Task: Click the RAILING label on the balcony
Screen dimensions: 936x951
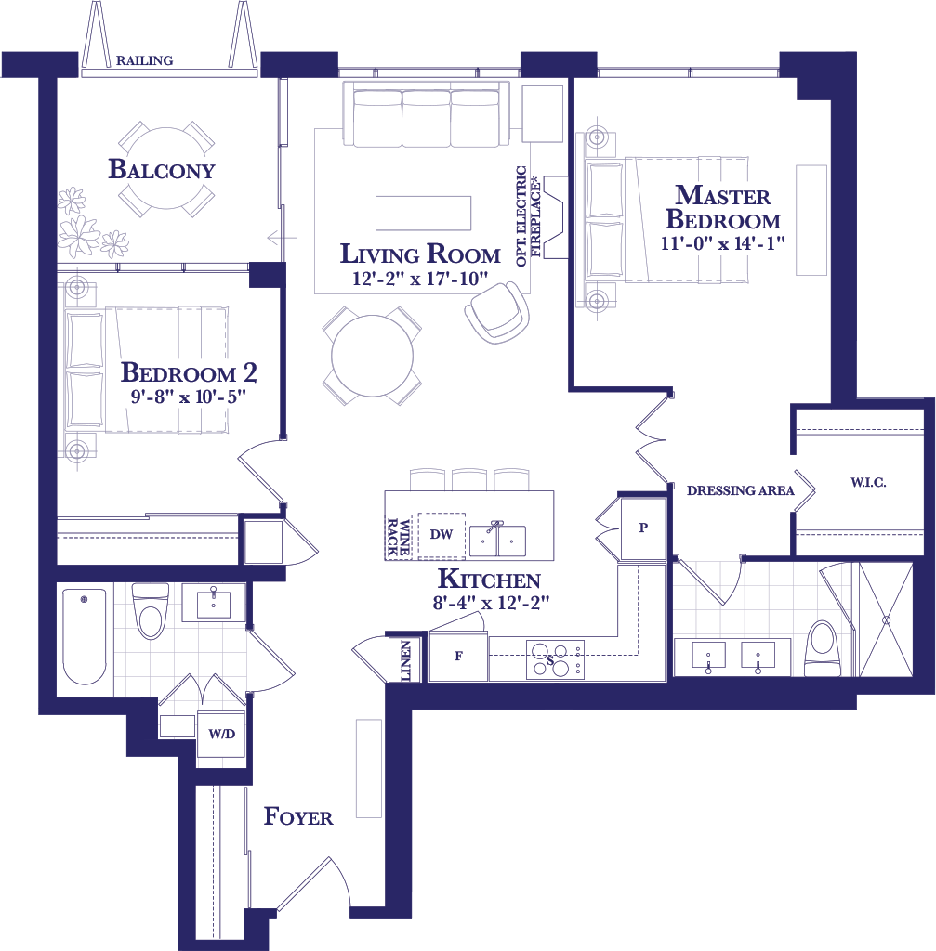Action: click(144, 60)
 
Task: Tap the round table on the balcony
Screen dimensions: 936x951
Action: click(165, 169)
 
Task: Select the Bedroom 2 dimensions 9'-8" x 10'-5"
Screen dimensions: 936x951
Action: click(189, 397)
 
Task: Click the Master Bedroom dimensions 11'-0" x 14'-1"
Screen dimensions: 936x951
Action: click(723, 243)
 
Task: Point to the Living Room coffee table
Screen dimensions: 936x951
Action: click(423, 213)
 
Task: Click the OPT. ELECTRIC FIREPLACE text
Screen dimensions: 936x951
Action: click(528, 215)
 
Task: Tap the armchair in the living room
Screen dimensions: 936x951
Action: click(497, 313)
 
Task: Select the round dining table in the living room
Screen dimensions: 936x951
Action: click(372, 356)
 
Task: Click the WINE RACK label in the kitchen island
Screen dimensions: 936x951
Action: click(398, 537)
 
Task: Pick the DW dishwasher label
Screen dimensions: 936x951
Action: click(442, 534)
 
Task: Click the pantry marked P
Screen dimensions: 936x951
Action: click(643, 528)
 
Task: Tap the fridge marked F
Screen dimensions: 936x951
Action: click(458, 656)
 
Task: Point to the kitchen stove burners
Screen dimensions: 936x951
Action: click(555, 659)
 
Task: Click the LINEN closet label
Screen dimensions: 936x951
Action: click(405, 660)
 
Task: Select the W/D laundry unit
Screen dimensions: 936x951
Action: click(221, 734)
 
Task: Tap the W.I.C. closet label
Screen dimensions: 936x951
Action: click(868, 483)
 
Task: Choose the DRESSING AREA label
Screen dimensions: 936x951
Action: click(741, 490)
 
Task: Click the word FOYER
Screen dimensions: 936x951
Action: click(298, 817)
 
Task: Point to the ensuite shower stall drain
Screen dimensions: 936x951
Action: click(886, 619)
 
